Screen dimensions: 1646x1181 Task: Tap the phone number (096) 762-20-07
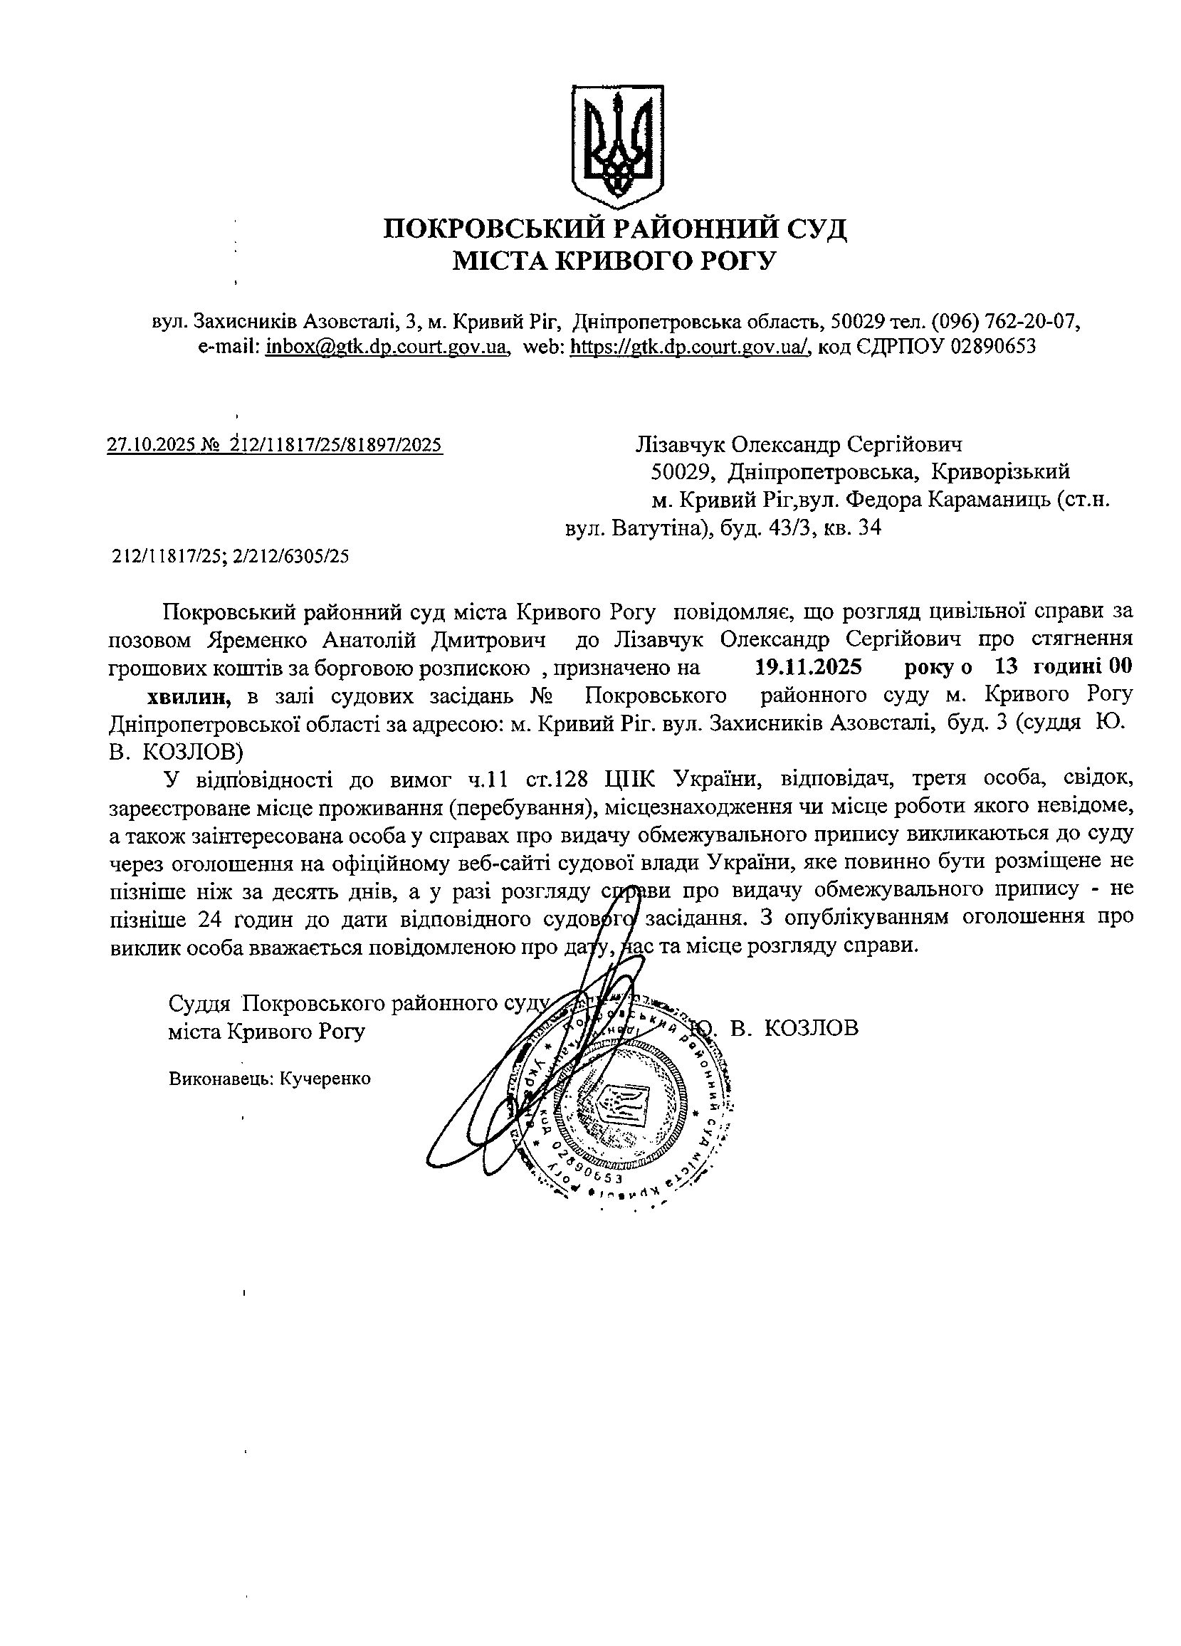pos(1004,320)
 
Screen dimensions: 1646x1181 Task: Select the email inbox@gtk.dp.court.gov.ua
pos(385,346)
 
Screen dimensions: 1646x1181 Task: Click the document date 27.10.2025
pos(150,444)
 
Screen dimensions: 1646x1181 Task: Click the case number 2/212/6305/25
pos(292,556)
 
